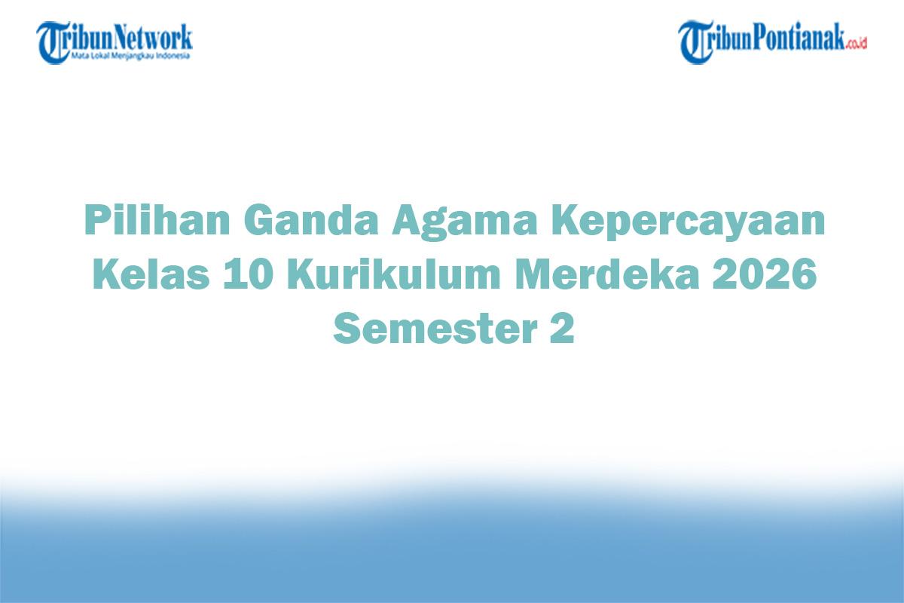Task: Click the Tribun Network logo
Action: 115,41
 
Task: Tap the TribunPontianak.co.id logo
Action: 773,41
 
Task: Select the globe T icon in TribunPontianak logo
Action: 695,42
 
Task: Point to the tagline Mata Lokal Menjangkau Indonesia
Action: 131,56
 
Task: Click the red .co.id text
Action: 856,44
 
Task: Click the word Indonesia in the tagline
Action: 176,56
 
